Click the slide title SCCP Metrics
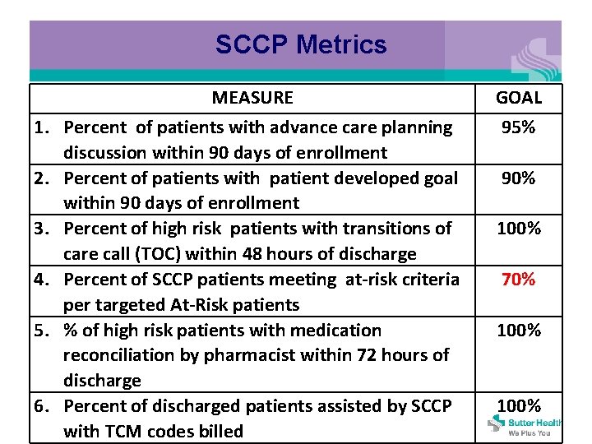tap(301, 44)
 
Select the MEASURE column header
tap(252, 98)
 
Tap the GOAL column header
tap(519, 98)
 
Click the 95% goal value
tap(519, 127)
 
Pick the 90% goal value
tap(519, 178)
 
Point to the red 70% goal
tap(519, 280)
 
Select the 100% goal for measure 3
tap(519, 229)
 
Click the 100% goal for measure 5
tap(519, 331)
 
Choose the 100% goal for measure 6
tap(519, 406)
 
